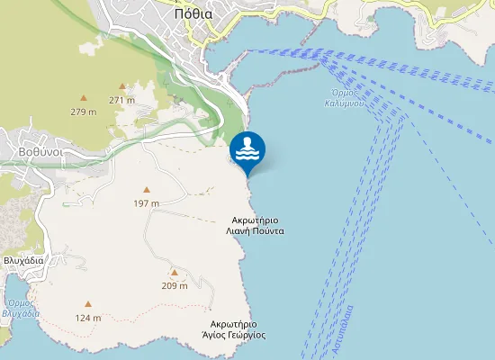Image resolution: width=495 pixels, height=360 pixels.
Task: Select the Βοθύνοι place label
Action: coord(40,152)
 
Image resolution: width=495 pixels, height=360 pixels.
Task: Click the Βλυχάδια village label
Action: coord(24,260)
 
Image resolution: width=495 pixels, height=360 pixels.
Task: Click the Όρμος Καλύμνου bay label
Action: coord(346,97)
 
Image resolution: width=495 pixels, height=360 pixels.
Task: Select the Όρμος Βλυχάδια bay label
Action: coord(21,309)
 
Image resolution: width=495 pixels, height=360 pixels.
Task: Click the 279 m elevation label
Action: coord(84,112)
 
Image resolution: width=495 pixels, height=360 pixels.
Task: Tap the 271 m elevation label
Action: coord(121,100)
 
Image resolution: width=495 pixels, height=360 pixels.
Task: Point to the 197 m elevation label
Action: coord(146,202)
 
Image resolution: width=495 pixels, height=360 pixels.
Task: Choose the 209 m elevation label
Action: coord(174,285)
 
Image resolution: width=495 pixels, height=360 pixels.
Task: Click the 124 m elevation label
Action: coord(88,317)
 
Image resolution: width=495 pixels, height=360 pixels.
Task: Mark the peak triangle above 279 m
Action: coord(84,98)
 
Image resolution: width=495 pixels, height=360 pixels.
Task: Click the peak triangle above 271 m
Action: coord(121,86)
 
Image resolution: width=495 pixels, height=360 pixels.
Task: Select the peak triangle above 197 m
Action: coord(146,190)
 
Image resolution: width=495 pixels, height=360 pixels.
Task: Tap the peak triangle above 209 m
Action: coord(174,272)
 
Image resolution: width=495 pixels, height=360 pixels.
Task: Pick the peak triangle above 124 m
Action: coord(88,304)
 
